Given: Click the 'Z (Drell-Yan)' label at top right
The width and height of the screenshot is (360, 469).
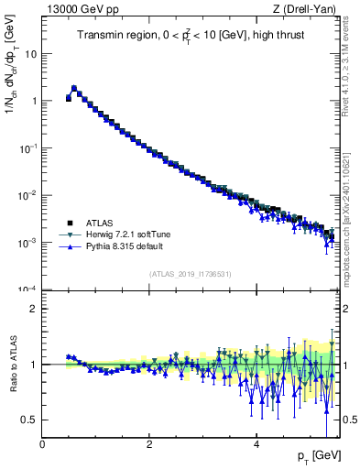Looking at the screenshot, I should point(307,9).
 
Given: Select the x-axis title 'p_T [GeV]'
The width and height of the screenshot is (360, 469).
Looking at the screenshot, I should point(320,456).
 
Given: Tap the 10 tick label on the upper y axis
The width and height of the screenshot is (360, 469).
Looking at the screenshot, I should point(31,53).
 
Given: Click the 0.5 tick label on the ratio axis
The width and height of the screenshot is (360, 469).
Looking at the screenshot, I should point(28,420).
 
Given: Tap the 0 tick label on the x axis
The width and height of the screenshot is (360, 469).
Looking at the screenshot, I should point(42,445).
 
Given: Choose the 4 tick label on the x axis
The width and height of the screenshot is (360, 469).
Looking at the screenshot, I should point(256,445).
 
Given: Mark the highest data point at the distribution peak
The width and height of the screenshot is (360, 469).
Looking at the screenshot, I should point(74,89).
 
